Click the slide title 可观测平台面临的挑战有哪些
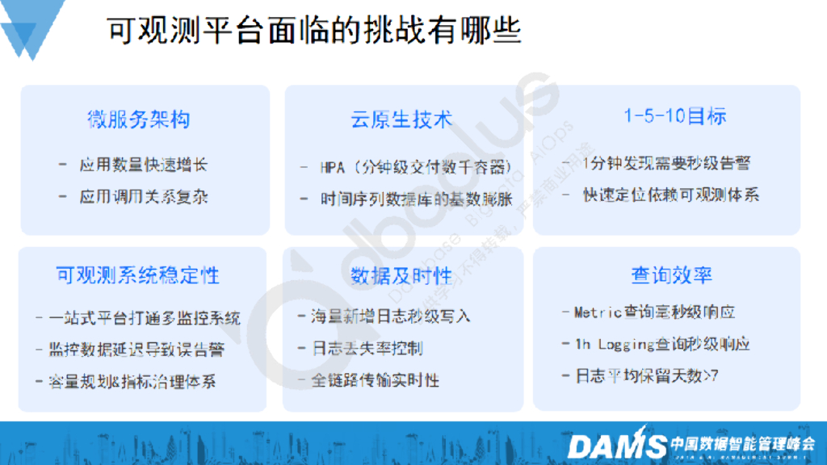click(315, 31)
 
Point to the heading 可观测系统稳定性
click(137, 275)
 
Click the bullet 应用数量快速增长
click(143, 165)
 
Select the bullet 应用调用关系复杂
click(143, 196)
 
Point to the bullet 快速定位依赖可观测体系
click(670, 195)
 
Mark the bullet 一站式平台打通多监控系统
click(145, 317)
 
